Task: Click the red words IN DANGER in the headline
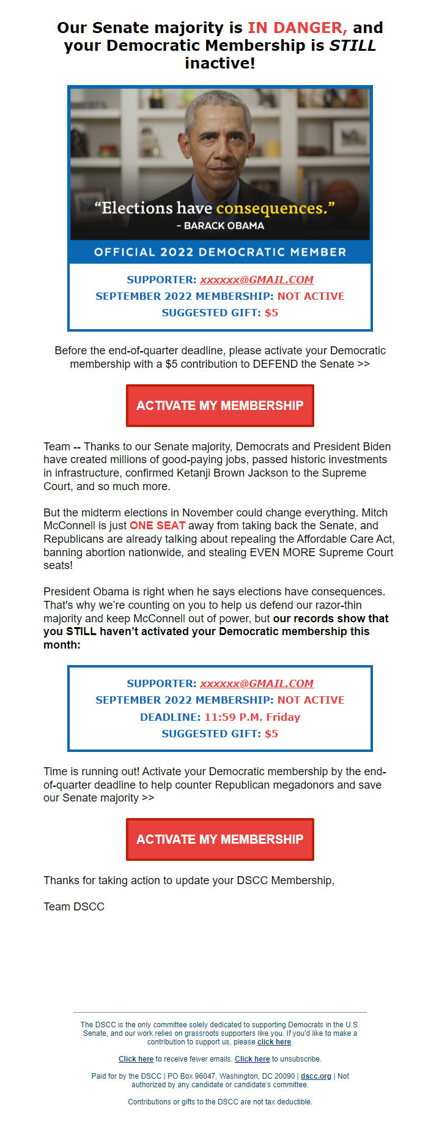click(297, 28)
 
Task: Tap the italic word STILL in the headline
click(353, 45)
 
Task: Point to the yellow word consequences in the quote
click(271, 208)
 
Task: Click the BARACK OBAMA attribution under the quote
click(224, 226)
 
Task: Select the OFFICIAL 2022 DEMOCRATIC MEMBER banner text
click(220, 252)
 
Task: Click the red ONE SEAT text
click(157, 526)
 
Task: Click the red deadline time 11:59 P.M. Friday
click(253, 717)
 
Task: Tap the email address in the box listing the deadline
click(257, 683)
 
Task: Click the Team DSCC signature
click(74, 907)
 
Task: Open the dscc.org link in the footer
click(315, 1076)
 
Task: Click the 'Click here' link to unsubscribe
click(252, 1059)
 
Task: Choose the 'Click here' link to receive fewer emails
click(136, 1059)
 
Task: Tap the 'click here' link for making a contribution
click(274, 1042)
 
